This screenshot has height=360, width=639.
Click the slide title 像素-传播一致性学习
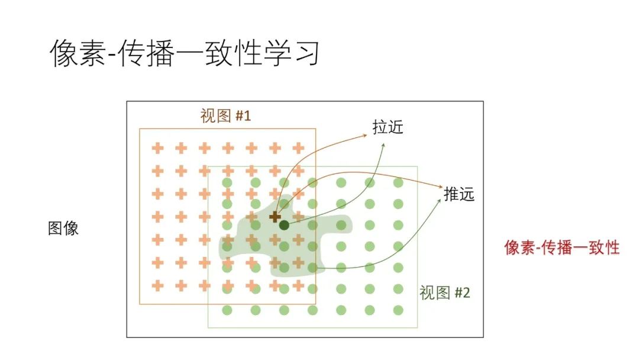click(185, 54)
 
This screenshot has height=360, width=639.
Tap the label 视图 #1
click(225, 115)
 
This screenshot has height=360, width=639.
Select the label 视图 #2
click(444, 292)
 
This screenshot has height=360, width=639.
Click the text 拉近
click(388, 127)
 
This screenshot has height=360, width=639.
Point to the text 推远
click(459, 194)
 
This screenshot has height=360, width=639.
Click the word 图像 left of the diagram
click(63, 229)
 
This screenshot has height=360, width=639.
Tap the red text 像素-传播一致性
click(561, 247)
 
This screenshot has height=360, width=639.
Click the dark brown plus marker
click(275, 217)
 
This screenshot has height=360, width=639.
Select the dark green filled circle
click(284, 225)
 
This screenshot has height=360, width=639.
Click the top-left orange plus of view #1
click(157, 148)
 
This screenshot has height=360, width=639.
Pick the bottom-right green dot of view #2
click(398, 310)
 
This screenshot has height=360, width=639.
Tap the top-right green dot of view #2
click(398, 182)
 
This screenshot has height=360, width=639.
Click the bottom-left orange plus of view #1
click(157, 285)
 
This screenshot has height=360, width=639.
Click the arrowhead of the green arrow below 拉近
click(383, 144)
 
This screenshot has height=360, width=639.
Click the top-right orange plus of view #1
click(298, 148)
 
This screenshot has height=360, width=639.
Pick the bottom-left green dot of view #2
click(227, 310)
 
